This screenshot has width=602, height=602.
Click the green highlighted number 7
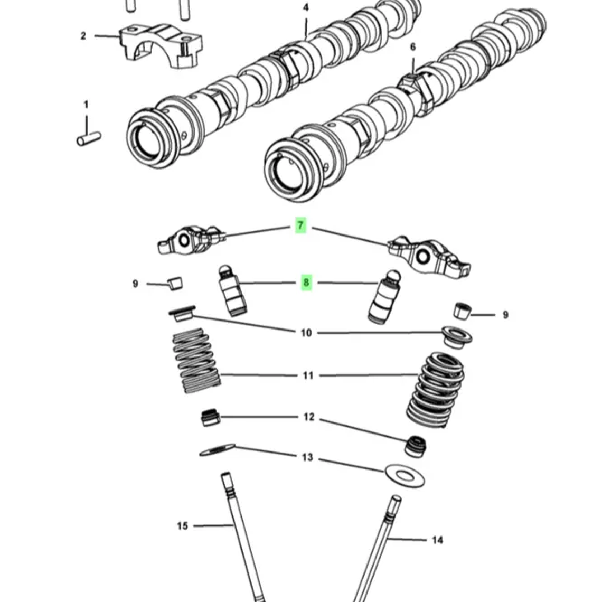(x=300, y=226)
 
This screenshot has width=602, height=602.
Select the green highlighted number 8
(x=306, y=283)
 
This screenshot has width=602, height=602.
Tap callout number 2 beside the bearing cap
(x=83, y=36)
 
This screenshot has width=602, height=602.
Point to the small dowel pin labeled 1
(x=89, y=139)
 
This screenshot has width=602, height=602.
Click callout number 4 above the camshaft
(x=306, y=8)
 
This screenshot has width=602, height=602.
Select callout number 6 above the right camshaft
(x=413, y=47)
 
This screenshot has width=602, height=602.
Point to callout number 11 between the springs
(x=308, y=375)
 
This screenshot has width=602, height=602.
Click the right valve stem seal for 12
(x=415, y=446)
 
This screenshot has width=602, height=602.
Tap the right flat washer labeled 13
(x=405, y=476)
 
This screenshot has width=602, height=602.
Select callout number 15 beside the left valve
(x=182, y=526)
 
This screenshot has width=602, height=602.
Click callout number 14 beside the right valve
(x=437, y=540)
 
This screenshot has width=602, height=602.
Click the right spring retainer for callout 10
(x=456, y=336)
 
